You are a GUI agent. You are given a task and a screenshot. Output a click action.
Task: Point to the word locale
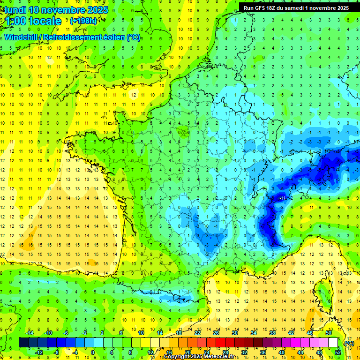(45, 21)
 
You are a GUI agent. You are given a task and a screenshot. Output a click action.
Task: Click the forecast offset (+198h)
(83, 21)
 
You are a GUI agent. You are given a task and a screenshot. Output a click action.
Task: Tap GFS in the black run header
(258, 8)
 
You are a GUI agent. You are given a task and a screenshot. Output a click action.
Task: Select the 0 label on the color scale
(92, 352)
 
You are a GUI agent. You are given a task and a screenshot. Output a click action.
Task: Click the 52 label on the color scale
(337, 352)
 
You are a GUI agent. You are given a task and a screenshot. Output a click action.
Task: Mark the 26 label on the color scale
(216, 333)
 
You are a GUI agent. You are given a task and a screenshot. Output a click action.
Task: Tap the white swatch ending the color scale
(333, 342)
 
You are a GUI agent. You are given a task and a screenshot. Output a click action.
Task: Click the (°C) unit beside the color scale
(349, 343)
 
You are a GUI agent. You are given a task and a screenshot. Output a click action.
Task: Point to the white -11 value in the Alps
(283, 199)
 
